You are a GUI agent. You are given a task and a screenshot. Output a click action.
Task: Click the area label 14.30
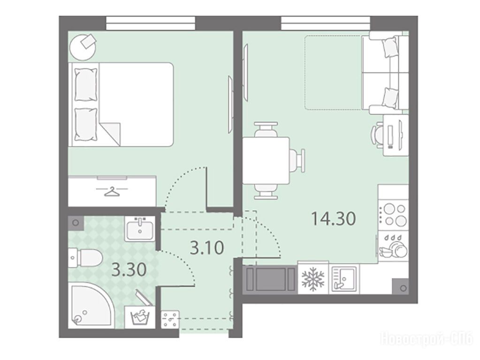tap(333, 219)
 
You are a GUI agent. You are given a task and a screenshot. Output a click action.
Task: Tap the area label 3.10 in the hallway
tap(207, 248)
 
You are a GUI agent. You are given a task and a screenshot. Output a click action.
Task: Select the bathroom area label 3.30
tap(129, 270)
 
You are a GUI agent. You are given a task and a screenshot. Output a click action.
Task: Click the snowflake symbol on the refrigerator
tap(313, 279)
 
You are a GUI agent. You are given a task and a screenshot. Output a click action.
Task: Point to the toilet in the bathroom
tap(84, 258)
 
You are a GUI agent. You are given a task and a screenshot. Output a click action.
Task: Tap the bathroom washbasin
tap(140, 228)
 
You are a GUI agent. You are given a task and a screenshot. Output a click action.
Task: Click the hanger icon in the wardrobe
tap(112, 192)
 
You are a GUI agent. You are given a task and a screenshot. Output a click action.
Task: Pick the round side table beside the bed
tap(83, 46)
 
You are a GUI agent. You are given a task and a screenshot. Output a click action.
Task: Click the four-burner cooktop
tap(393, 215)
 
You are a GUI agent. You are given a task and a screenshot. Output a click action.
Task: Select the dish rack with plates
tap(393, 246)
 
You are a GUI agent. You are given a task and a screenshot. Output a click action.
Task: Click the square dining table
tap(266, 161)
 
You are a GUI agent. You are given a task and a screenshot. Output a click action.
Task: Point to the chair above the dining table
tap(266, 129)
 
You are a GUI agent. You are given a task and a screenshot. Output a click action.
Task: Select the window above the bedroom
tap(151, 22)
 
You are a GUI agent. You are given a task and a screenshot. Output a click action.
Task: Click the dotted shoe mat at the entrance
tap(170, 320)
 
